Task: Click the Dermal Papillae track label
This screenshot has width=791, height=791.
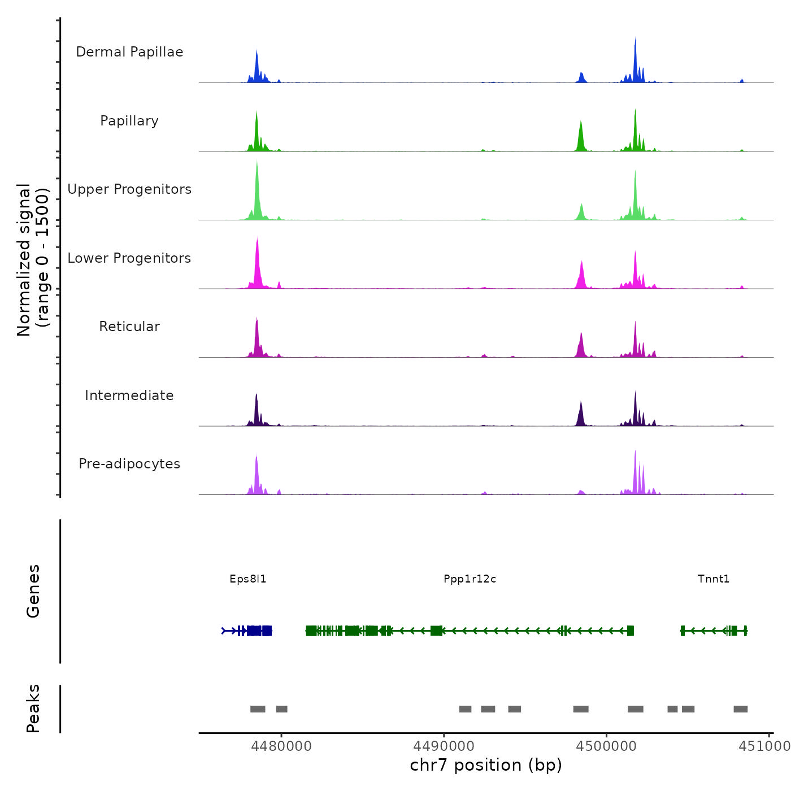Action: (129, 52)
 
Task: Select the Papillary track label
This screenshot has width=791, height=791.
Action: (129, 121)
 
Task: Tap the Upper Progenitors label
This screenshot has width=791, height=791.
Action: (129, 189)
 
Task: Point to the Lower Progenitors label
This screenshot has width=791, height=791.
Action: (129, 258)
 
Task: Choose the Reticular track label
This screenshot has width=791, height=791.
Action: (129, 327)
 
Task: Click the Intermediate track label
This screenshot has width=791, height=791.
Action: (129, 395)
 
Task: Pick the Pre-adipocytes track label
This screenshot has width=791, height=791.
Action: (129, 464)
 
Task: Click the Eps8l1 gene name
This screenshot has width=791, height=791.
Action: (248, 579)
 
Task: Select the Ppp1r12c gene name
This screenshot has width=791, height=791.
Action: (470, 579)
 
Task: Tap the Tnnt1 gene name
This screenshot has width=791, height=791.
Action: (714, 579)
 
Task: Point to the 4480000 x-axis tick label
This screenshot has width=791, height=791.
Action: (281, 746)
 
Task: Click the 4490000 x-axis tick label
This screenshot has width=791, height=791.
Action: (444, 746)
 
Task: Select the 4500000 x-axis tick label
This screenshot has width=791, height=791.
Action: (606, 746)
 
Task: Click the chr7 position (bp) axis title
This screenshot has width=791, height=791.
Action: (486, 765)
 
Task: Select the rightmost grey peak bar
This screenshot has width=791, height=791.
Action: (741, 709)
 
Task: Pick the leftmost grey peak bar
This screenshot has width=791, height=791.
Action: (258, 709)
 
